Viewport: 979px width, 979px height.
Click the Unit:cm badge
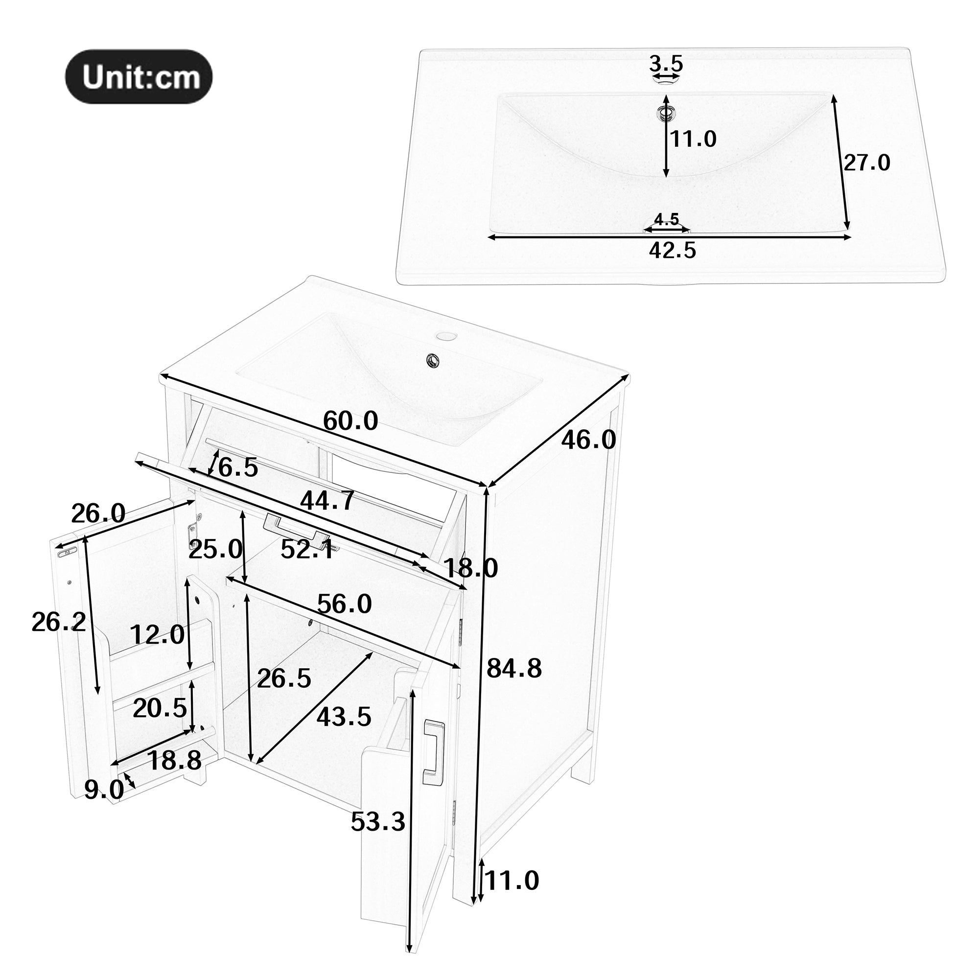[139, 77]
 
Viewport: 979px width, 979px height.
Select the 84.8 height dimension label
[514, 668]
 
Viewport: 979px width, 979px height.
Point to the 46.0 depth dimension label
[588, 440]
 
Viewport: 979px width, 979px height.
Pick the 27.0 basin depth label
[866, 163]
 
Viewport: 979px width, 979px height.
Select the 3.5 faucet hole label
[666, 64]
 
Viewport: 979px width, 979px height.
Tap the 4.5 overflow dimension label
[666, 219]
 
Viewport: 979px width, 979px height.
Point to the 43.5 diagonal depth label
[344, 717]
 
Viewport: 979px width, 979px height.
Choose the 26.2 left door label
[59, 622]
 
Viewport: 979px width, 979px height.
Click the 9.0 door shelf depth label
[104, 789]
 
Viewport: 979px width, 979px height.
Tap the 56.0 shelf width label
[345, 604]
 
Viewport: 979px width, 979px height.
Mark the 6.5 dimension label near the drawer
[238, 467]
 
